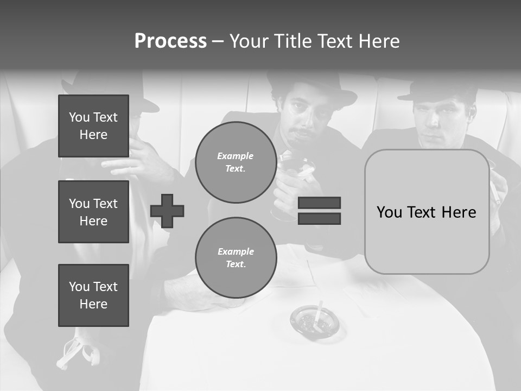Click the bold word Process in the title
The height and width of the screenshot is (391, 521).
click(170, 41)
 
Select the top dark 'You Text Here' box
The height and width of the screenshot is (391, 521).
click(93, 126)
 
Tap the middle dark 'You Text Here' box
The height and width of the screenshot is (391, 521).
click(93, 212)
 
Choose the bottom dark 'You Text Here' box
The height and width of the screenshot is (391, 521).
click(93, 295)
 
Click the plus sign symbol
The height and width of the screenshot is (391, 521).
click(167, 210)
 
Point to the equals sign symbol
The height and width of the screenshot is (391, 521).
click(319, 211)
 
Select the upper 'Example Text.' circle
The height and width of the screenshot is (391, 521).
click(236, 162)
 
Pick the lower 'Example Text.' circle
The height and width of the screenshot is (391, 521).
click(236, 258)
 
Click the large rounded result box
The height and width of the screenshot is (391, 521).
click(427, 212)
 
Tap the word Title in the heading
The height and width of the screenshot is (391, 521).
click(293, 41)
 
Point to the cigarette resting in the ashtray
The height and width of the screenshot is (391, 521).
click(319, 312)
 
